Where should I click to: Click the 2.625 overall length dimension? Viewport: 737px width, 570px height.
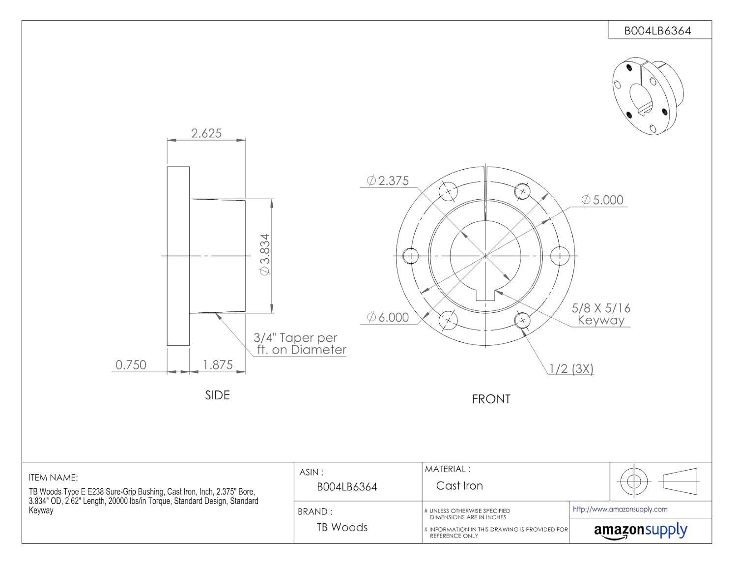[206, 133]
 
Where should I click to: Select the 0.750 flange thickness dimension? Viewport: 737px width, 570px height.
[131, 365]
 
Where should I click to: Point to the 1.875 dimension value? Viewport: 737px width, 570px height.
[218, 365]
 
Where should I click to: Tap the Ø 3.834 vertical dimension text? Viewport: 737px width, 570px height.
[264, 255]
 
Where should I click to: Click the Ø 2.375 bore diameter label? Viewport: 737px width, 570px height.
[388, 180]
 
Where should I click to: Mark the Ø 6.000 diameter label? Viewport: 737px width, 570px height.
[388, 317]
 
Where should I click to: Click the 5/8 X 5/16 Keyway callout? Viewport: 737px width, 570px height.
[601, 314]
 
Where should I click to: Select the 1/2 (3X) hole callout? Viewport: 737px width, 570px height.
[571, 369]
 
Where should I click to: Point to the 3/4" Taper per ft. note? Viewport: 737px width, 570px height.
[300, 344]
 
